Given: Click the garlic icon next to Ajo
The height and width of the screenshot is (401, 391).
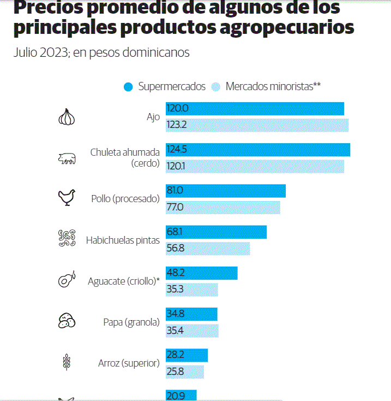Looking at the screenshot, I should pyautogui.click(x=67, y=117).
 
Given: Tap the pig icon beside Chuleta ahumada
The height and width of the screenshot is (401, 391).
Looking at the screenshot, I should pyautogui.click(x=67, y=158).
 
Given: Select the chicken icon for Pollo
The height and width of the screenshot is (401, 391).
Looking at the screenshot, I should pyautogui.click(x=67, y=198).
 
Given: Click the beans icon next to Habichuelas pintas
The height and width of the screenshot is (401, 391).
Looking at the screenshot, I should pyautogui.click(x=67, y=239).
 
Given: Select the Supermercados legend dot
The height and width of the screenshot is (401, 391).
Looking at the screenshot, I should pyautogui.click(x=129, y=87).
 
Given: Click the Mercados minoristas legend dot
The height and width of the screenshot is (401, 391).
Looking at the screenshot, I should pyautogui.click(x=215, y=87).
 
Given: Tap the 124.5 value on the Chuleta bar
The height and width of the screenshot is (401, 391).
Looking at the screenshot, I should pyautogui.click(x=177, y=150).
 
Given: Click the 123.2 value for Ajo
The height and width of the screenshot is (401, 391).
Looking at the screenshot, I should pyautogui.click(x=177, y=125).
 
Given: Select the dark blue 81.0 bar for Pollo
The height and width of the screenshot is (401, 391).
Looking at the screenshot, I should pyautogui.click(x=226, y=191).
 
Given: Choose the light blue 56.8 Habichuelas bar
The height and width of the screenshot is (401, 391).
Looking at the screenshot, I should pyautogui.click(x=208, y=249).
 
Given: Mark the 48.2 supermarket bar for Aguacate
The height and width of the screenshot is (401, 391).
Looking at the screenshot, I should pyautogui.click(x=202, y=273).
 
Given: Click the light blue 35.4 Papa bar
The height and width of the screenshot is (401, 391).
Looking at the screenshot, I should pyautogui.click(x=192, y=331).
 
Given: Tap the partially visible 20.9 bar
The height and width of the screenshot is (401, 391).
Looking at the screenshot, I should pyautogui.click(x=181, y=395).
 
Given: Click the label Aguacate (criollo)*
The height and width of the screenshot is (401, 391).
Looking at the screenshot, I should pyautogui.click(x=124, y=281).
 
